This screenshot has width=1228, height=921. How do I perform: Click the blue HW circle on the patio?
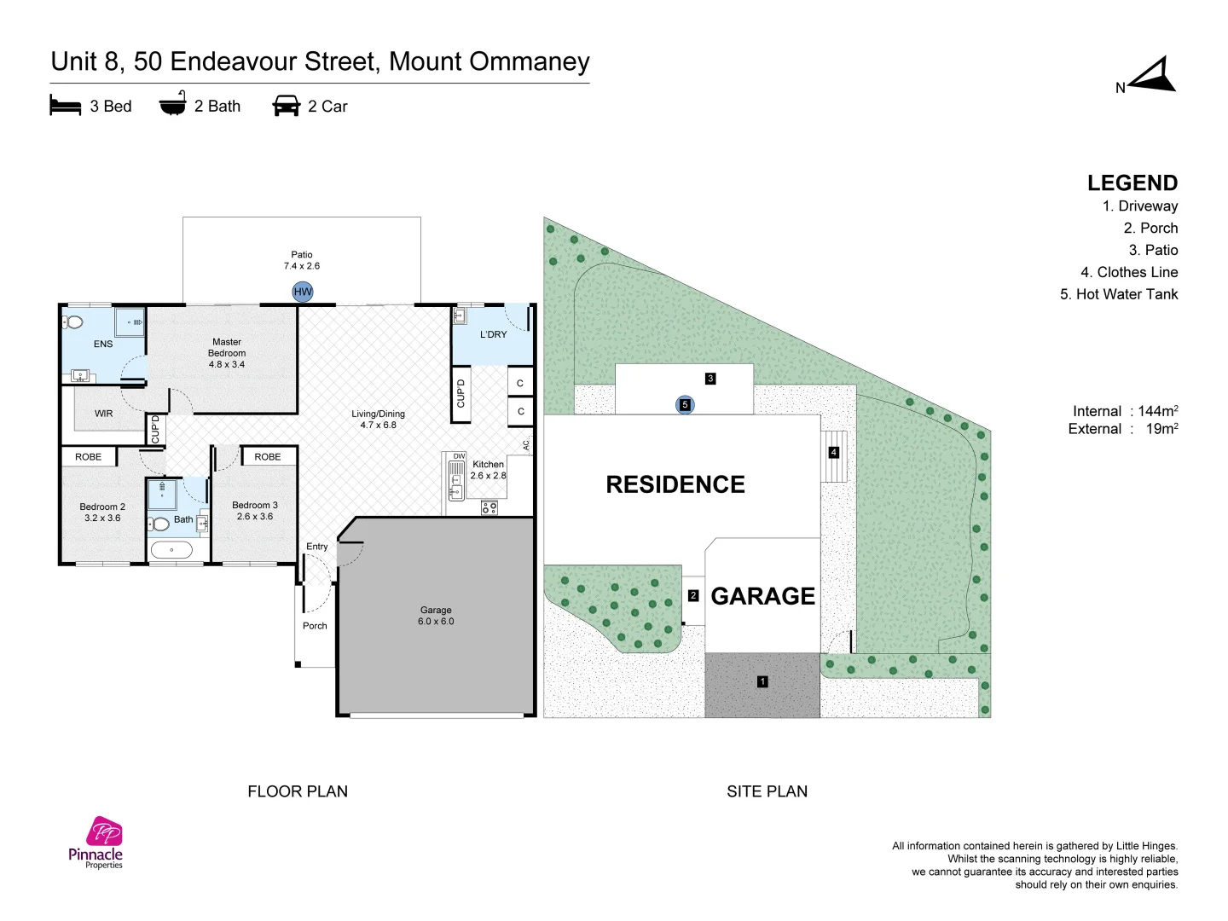(302, 292)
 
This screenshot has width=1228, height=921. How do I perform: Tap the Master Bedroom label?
(227, 353)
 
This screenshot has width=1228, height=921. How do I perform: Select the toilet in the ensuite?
(72, 321)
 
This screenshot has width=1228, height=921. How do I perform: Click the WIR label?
(103, 414)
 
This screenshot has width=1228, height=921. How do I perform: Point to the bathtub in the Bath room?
(171, 550)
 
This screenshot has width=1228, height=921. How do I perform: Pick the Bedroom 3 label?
(254, 511)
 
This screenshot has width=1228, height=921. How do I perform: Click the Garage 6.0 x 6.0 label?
(436, 615)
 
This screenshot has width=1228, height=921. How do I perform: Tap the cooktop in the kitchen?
(489, 507)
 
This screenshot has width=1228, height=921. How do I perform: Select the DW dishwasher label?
(459, 456)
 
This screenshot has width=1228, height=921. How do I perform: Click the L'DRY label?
(493, 334)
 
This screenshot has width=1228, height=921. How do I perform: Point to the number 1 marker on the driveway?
(762, 681)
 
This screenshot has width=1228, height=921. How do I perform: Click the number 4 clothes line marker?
(833, 452)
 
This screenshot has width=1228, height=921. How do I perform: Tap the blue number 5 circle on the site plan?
(685, 404)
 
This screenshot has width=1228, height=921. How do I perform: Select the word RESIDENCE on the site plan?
(675, 484)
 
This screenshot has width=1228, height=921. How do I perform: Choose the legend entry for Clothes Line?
(1129, 272)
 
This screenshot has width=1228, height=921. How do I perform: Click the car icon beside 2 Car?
(287, 105)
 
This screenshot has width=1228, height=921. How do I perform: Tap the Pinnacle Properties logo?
(96, 843)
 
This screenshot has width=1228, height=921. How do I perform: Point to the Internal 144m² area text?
(1125, 411)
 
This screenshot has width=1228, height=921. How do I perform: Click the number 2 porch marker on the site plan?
(693, 595)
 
